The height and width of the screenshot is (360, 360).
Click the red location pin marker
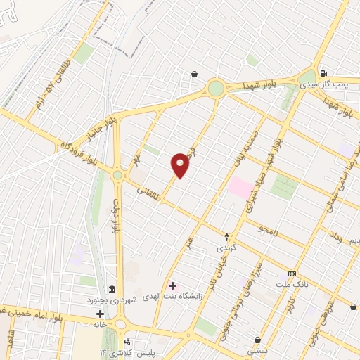click(x=181, y=165)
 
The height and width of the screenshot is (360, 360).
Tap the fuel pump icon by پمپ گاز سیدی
click(x=323, y=73)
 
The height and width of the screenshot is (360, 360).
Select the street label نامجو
click(x=268, y=229)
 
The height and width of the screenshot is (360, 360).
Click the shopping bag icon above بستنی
click(x=257, y=340)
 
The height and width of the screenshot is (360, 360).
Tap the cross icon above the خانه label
click(x=101, y=313)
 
